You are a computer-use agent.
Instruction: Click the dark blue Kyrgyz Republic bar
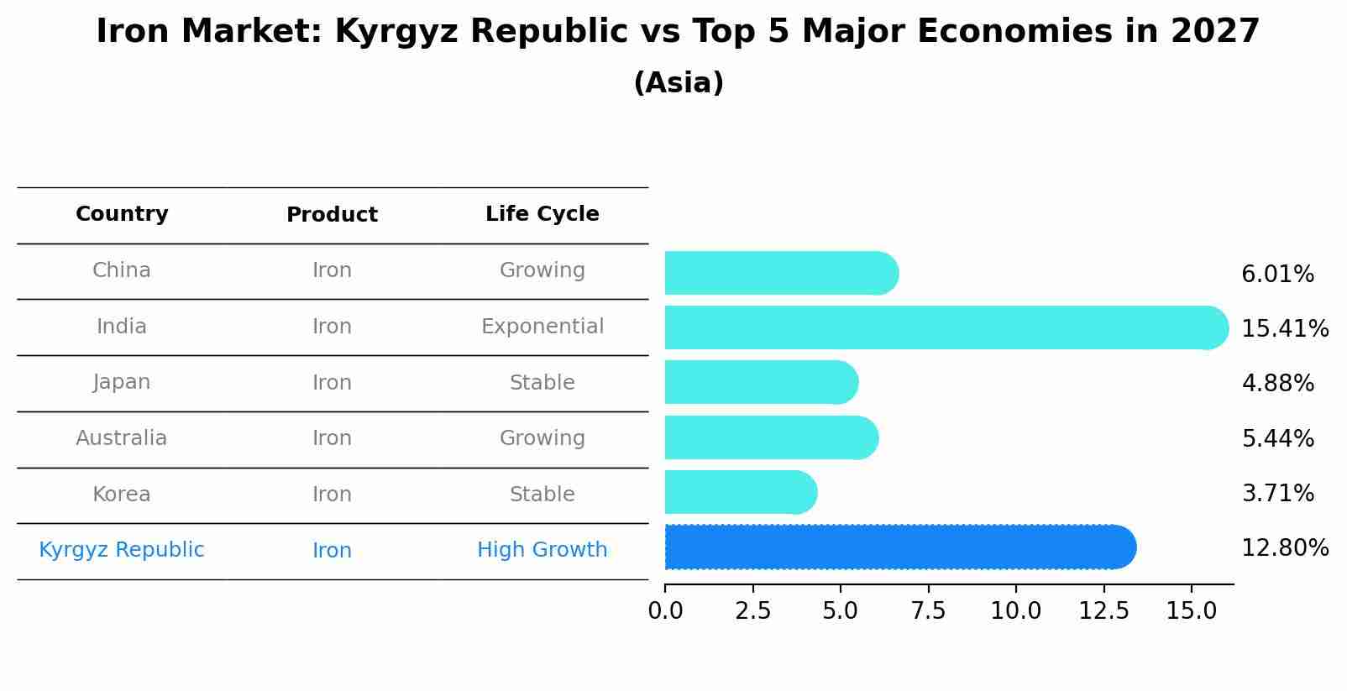[x=899, y=547]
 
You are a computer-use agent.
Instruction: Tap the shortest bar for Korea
[x=739, y=492]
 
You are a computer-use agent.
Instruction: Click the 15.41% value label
[x=1284, y=328]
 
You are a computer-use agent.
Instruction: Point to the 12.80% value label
[x=1284, y=548]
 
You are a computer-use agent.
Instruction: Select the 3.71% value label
[x=1277, y=493]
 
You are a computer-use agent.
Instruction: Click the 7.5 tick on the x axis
[x=928, y=610]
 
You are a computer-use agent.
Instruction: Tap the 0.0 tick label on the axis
[x=665, y=610]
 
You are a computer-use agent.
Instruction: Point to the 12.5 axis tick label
[x=1103, y=610]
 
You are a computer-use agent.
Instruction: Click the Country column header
[x=122, y=214]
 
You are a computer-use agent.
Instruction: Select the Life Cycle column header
[x=542, y=214]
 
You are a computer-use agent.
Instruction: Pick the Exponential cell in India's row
[x=542, y=327]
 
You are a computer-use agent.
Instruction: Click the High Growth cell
[x=542, y=550]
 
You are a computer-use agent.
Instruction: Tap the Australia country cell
[x=122, y=438]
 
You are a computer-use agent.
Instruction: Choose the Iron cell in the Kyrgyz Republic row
[x=332, y=550]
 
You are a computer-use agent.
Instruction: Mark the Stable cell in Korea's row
[x=542, y=495]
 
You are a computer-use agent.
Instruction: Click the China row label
[x=122, y=270]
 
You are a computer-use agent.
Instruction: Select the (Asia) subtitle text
[x=679, y=83]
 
